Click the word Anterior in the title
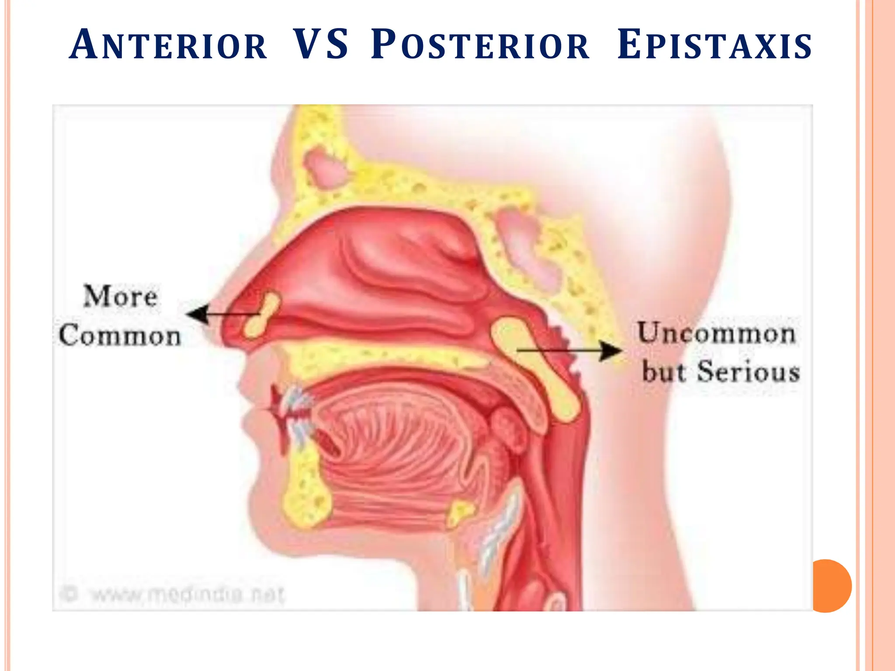pyautogui.click(x=168, y=45)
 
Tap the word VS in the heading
pyautogui.click(x=320, y=45)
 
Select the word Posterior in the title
pyautogui.click(x=480, y=45)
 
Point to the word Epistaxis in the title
pyautogui.click(x=715, y=45)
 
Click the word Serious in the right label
pyautogui.click(x=748, y=372)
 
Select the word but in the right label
pyautogui.click(x=663, y=372)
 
